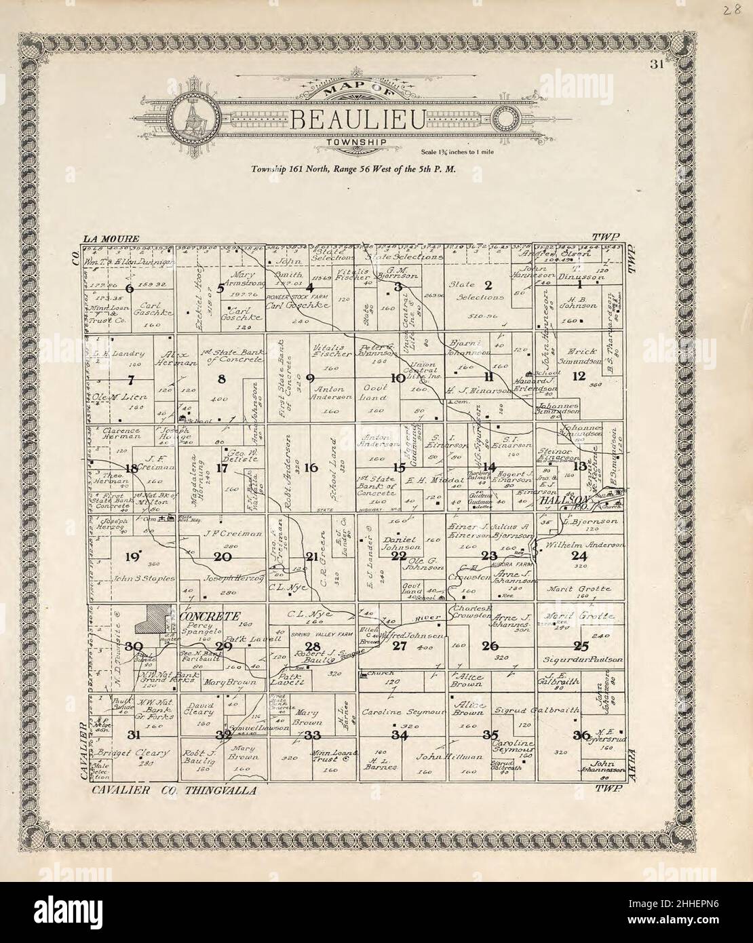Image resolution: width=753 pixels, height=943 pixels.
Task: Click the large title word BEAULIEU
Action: click(x=358, y=121)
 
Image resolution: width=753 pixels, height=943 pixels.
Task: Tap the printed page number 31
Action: click(x=655, y=65)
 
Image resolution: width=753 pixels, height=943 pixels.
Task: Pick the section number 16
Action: click(x=311, y=467)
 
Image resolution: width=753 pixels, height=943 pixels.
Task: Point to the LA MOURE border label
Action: click(x=111, y=239)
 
